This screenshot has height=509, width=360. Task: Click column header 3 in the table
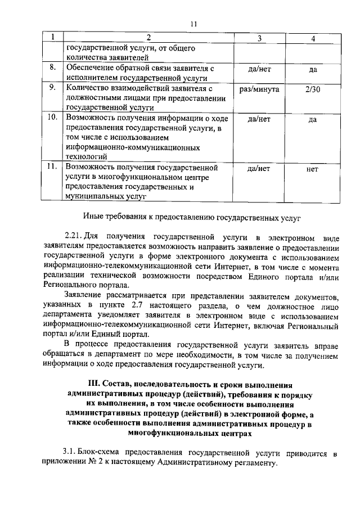click(x=260, y=38)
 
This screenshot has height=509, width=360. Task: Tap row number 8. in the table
click(x=52, y=68)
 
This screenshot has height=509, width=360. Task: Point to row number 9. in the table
click(x=52, y=88)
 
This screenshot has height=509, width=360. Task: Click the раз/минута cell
click(x=259, y=88)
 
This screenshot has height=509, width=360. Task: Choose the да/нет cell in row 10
click(x=259, y=119)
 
